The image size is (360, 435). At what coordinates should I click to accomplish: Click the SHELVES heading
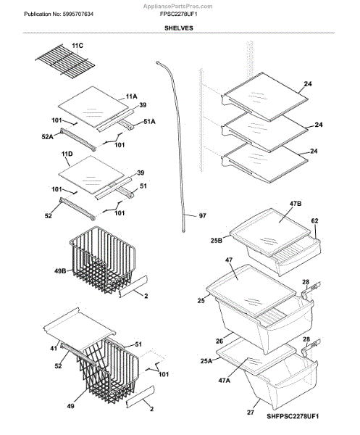tap(178, 28)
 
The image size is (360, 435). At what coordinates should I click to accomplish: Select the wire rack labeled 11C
tap(65, 62)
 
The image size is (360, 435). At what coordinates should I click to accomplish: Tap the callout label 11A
tap(131, 96)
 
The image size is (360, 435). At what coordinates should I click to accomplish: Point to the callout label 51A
tap(149, 122)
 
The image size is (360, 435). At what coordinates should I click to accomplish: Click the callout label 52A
tap(47, 136)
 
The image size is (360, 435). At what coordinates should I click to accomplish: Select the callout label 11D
tap(67, 154)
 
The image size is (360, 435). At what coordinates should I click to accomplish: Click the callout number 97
tap(203, 215)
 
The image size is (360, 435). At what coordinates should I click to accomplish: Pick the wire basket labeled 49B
tap(102, 260)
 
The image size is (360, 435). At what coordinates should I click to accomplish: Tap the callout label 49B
tap(60, 270)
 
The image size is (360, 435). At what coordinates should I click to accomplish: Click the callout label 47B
tap(296, 203)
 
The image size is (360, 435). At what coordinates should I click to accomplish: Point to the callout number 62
tap(315, 221)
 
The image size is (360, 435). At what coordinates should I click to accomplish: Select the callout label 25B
tap(216, 241)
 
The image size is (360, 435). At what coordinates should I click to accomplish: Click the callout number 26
tap(219, 341)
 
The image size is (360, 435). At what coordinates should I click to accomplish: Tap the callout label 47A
tap(225, 381)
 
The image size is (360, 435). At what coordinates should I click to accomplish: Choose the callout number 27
tap(251, 413)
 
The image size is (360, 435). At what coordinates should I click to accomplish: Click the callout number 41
tap(54, 348)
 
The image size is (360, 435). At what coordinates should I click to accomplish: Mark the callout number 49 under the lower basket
tap(71, 406)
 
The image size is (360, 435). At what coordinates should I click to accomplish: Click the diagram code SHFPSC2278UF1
tap(293, 416)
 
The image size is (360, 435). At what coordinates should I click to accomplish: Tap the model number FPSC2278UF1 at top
tap(178, 14)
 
